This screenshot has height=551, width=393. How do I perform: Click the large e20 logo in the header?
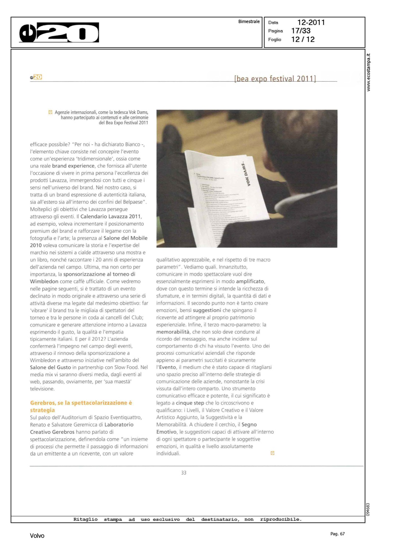(59, 33)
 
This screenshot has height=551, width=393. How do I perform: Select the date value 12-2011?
(311, 22)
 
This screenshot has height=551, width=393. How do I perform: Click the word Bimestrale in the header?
(249, 22)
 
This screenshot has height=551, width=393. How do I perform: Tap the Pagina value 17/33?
(301, 31)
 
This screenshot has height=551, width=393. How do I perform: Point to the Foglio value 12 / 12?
(303, 39)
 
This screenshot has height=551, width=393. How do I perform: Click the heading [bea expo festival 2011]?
(275, 79)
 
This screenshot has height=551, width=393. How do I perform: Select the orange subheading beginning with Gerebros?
(81, 406)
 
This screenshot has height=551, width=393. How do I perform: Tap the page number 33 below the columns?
(183, 473)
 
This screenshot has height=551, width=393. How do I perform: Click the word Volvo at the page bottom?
(37, 536)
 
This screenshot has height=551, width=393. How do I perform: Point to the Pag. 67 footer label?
(337, 534)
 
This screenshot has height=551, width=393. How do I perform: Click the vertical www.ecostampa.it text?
(368, 72)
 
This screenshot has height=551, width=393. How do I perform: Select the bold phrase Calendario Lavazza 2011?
(110, 216)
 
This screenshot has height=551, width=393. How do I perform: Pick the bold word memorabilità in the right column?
(173, 332)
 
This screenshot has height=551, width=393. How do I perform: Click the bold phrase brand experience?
(73, 166)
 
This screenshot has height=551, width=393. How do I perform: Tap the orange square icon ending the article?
(272, 453)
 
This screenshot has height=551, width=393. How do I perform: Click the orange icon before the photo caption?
(50, 112)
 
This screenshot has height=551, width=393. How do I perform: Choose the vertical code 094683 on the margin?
(368, 509)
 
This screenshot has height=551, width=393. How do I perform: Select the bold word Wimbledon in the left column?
(44, 281)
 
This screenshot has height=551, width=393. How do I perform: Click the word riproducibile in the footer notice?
(281, 519)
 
